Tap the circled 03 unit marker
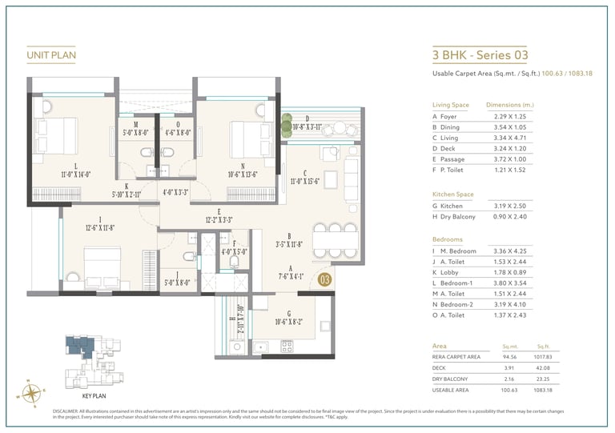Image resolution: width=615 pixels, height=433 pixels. click(x=324, y=279)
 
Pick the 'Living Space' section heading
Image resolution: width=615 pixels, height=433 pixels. click(x=450, y=105)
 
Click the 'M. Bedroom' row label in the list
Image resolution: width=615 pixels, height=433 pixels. click(x=459, y=251)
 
